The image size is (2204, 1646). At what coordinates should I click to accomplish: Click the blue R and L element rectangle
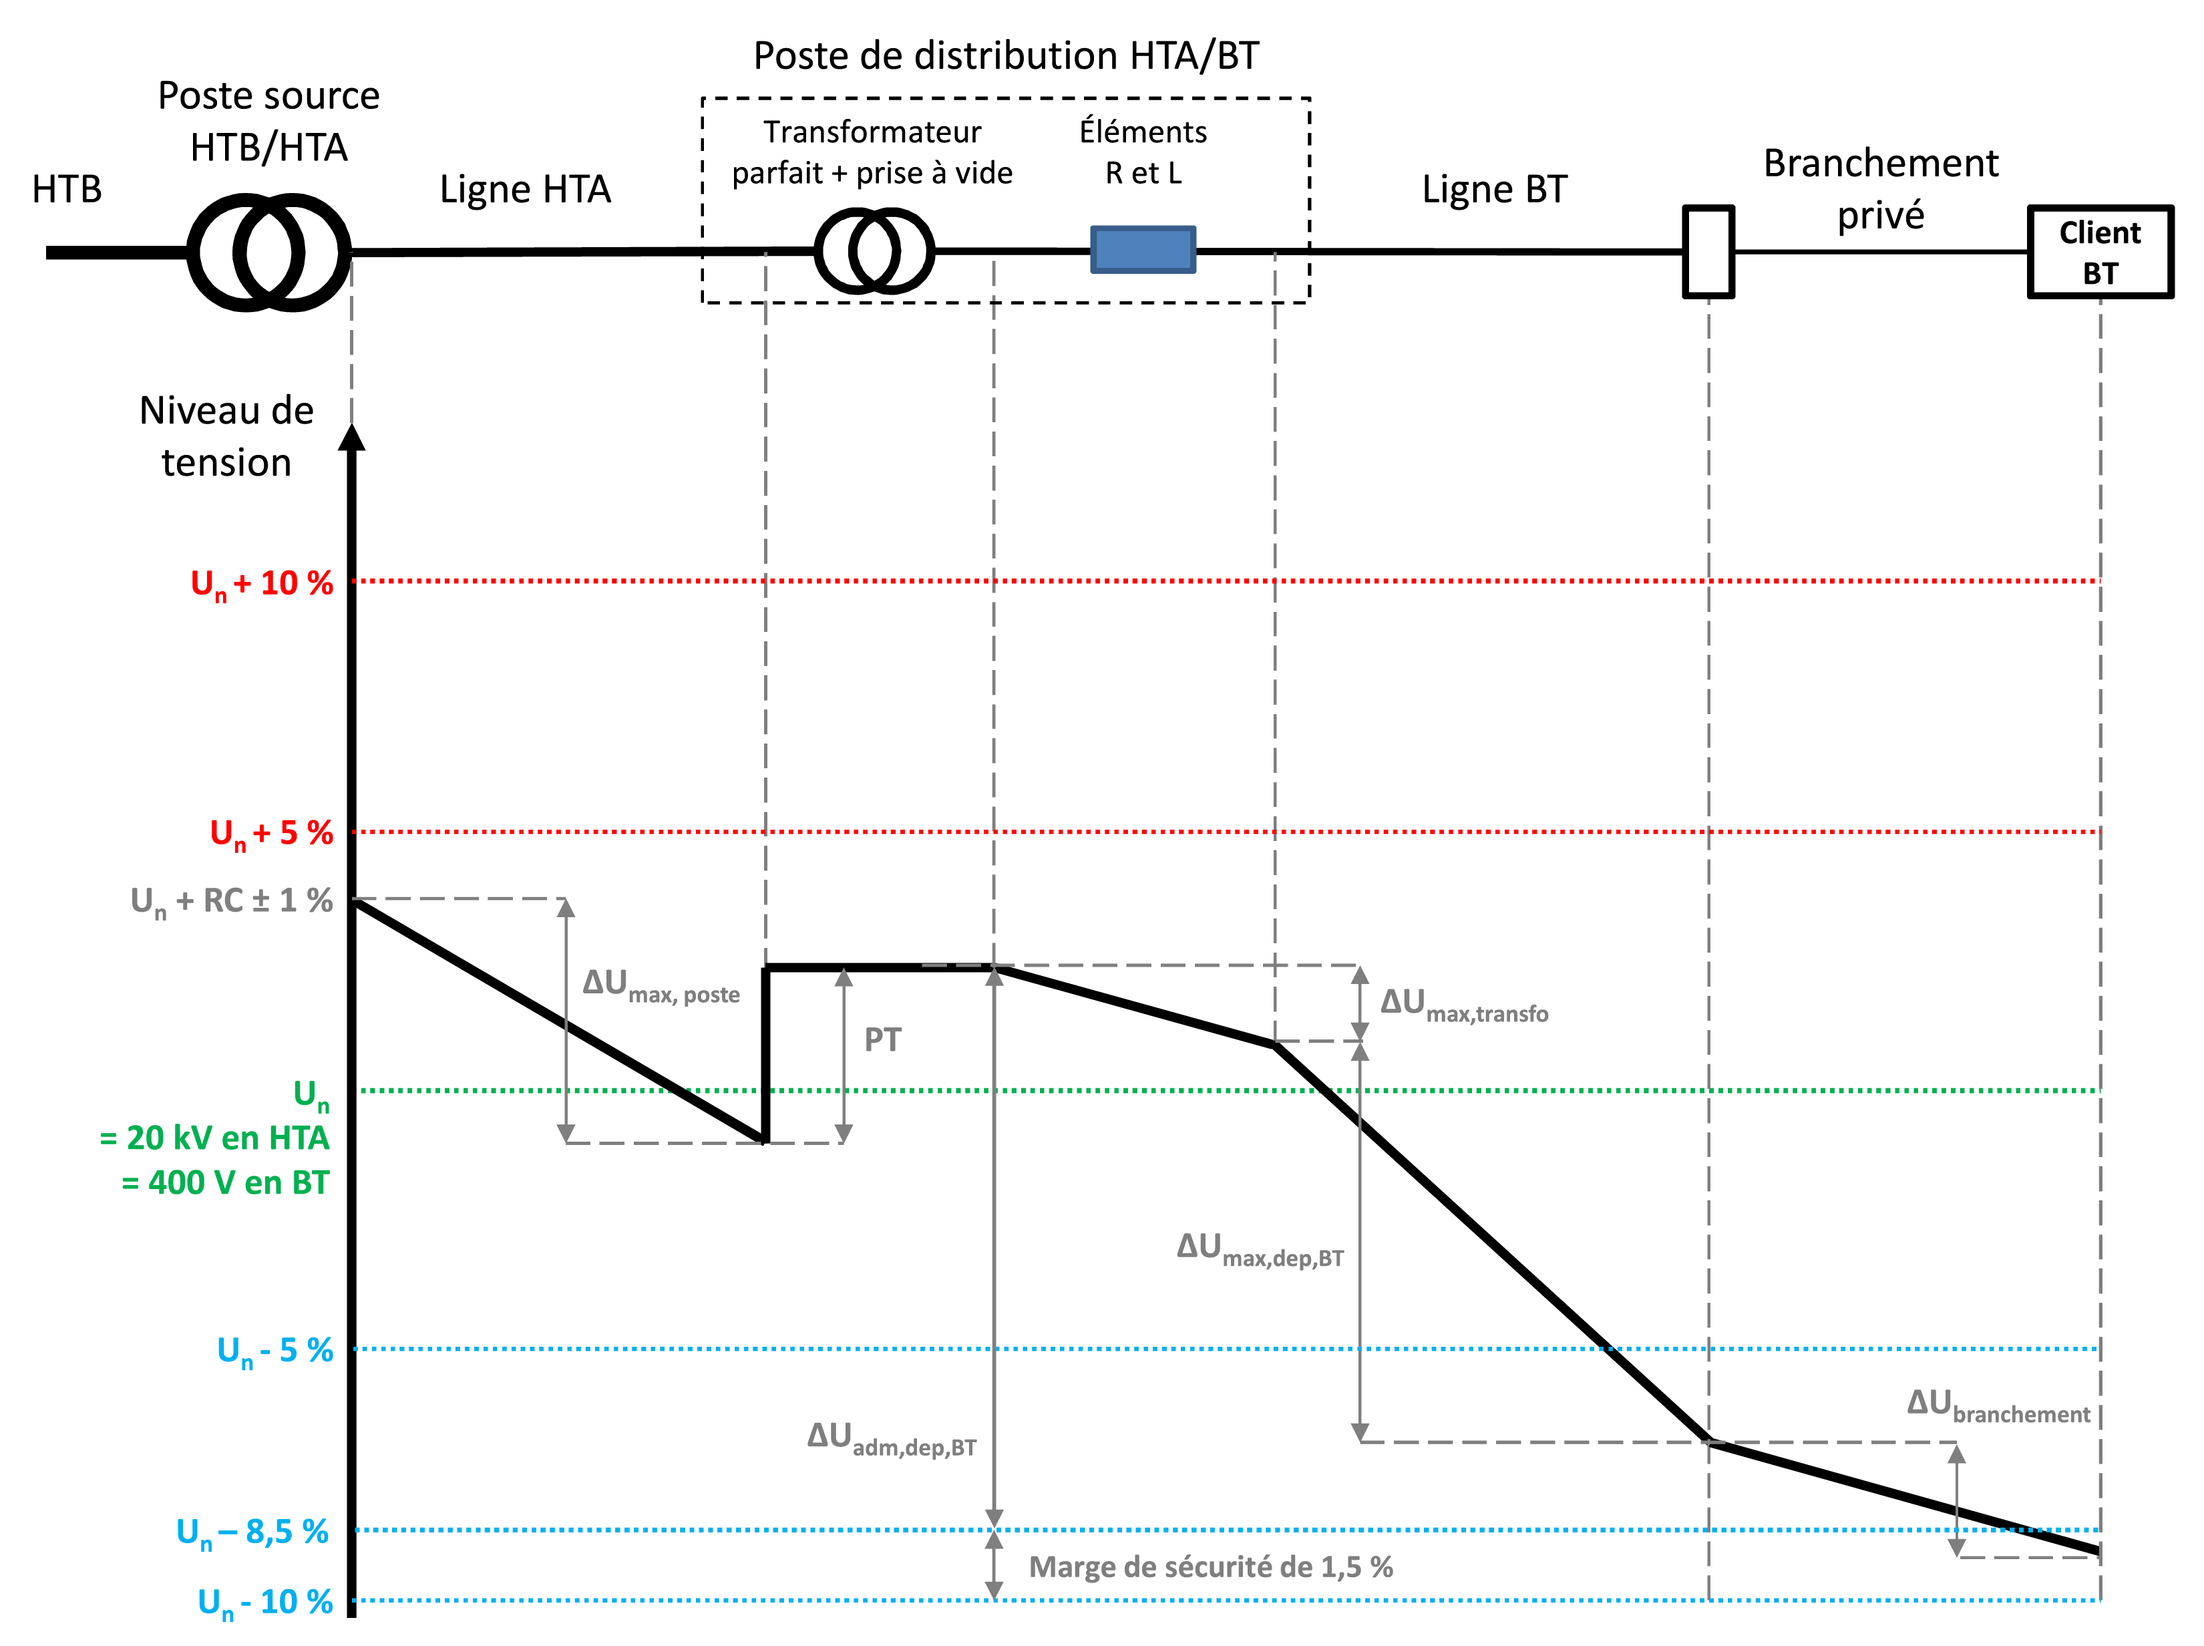pyautogui.click(x=1142, y=249)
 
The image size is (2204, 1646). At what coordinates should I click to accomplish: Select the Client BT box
pyautogui.click(x=2099, y=252)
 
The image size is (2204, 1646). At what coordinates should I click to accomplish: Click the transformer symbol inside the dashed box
pyautogui.click(x=874, y=251)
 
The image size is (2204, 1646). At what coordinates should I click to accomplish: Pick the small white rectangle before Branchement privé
pyautogui.click(x=1708, y=252)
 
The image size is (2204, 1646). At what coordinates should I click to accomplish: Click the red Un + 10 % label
pyautogui.click(x=262, y=584)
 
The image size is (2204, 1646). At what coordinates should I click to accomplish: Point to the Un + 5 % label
pyautogui.click(x=271, y=834)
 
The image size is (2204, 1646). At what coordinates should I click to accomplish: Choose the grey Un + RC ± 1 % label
pyautogui.click(x=232, y=902)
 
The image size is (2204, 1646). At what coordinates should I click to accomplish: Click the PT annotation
pyautogui.click(x=882, y=1040)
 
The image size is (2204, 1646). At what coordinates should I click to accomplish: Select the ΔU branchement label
pyautogui.click(x=1997, y=1405)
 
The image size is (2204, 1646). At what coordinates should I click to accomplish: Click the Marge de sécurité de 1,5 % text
pyautogui.click(x=1210, y=1567)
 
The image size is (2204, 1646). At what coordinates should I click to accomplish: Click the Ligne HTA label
pyautogui.click(x=525, y=189)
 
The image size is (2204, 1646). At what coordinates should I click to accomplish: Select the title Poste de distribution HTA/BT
pyautogui.click(x=1006, y=56)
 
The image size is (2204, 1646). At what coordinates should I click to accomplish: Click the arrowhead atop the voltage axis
pyautogui.click(x=351, y=438)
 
